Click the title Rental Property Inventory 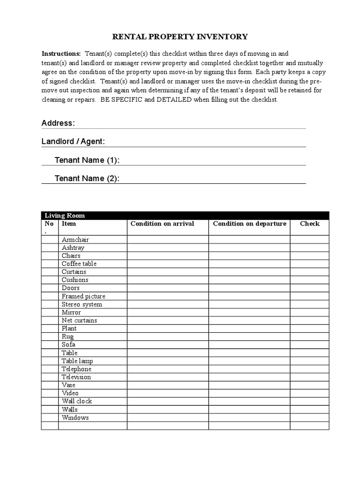[x=180, y=37]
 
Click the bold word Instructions [x=61, y=54]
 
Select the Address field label [x=58, y=123]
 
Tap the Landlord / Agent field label [x=73, y=142]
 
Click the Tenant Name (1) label [x=87, y=160]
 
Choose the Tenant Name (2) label [x=87, y=179]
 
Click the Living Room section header [x=65, y=216]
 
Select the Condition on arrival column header [x=162, y=224]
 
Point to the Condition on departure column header [x=249, y=224]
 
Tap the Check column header [x=309, y=224]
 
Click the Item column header [x=69, y=224]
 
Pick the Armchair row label [x=75, y=240]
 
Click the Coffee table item [x=79, y=264]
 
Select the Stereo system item [x=82, y=304]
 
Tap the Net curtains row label [x=79, y=321]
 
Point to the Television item [x=76, y=377]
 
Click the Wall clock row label [x=77, y=401]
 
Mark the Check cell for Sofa [x=309, y=345]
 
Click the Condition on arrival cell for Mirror [x=167, y=313]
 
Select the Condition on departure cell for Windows [x=249, y=418]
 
